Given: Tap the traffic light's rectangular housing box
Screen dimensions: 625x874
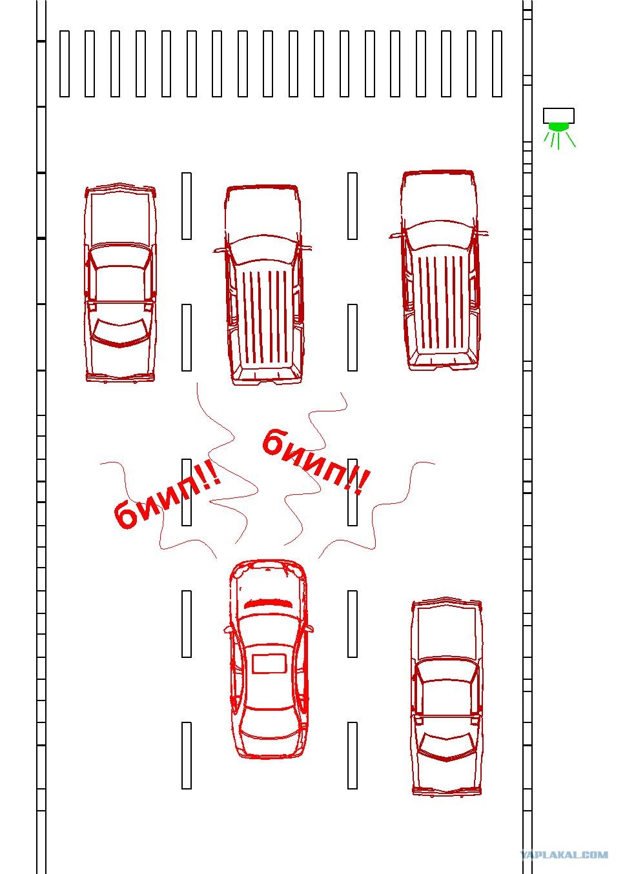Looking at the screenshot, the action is [558, 115].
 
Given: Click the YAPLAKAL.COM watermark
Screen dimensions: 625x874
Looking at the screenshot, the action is [564, 855].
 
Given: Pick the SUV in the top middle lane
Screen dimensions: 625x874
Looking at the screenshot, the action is [263, 284].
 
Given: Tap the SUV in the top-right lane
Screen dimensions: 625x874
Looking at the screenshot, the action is [440, 271].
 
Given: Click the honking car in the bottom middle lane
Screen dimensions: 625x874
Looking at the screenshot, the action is [269, 659].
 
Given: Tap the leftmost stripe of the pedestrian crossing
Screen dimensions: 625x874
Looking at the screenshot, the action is [65, 64].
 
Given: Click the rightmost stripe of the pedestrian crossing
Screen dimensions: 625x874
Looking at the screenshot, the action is [497, 64].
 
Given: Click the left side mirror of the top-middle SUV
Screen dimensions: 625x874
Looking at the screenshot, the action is [220, 250].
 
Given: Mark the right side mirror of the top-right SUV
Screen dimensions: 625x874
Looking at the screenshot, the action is [482, 234].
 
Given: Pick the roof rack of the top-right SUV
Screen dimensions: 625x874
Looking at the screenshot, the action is [440, 302].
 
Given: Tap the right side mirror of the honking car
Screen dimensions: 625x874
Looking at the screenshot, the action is [309, 629].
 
